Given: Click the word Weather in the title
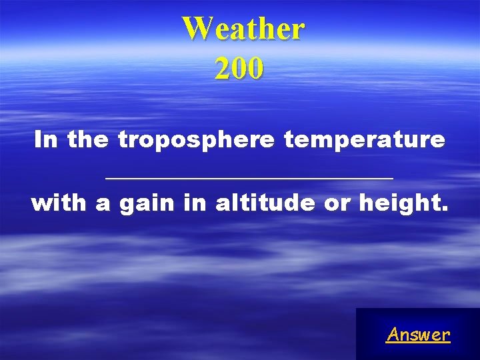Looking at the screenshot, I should (x=243, y=29).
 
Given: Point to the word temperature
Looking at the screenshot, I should (x=363, y=141).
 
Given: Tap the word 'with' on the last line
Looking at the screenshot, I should (x=59, y=203).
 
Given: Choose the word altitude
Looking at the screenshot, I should (x=266, y=203).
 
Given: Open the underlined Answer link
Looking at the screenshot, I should (x=418, y=335).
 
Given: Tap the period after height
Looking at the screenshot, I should (x=445, y=209).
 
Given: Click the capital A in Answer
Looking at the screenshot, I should (x=392, y=334).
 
